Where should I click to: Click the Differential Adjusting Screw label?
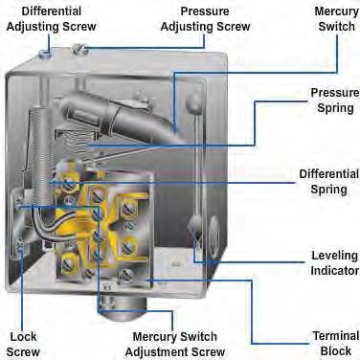(x=51, y=19)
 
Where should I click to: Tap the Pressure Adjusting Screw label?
(x=205, y=19)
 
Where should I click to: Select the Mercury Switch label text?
(x=337, y=19)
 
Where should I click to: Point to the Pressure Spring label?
(x=335, y=101)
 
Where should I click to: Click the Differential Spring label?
(x=329, y=182)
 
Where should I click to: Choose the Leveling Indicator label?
(x=335, y=263)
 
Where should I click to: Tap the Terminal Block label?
(x=336, y=344)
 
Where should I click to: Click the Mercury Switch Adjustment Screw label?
(x=175, y=344)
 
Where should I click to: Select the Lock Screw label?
(x=23, y=344)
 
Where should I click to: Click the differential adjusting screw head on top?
(x=45, y=54)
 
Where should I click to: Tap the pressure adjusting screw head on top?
(x=79, y=49)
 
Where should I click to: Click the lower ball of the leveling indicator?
(x=194, y=223)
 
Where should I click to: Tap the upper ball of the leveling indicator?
(x=194, y=102)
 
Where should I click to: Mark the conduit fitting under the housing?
(x=123, y=308)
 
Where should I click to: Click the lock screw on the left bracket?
(x=20, y=246)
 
